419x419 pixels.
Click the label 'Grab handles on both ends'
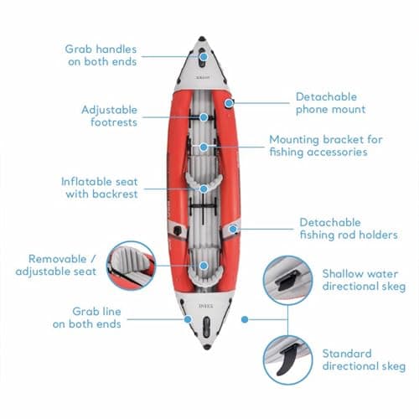click(101, 55)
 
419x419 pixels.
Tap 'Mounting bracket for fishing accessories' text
click(328, 146)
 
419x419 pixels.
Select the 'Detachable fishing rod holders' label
click(348, 229)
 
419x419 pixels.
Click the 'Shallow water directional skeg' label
click(363, 280)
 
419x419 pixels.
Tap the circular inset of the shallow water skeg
click(287, 281)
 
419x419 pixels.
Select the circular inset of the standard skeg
click(287, 360)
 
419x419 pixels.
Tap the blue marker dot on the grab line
click(186, 318)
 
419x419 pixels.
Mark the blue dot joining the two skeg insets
click(243, 319)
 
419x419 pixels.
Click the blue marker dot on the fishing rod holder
click(234, 228)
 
